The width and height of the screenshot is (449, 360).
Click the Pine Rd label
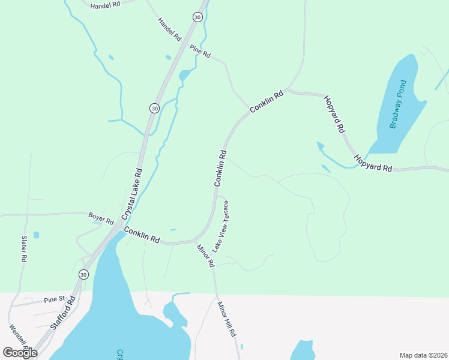pos(200,52)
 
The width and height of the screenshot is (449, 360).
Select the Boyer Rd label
pos(101,218)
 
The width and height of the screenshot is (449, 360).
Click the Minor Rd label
pos(205,254)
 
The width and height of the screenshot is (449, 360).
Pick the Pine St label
pos(53,299)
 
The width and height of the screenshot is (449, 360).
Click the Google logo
pos(20,352)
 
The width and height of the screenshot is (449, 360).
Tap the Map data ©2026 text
pos(423,355)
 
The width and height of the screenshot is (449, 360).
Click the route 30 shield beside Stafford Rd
pos(83,274)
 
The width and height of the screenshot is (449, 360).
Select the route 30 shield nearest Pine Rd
pos(197,17)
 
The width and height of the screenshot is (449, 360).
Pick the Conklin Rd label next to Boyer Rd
pos(142,234)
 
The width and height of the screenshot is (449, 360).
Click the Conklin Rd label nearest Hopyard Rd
pos(266,101)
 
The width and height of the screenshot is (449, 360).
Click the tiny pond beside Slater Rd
pos(37,235)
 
